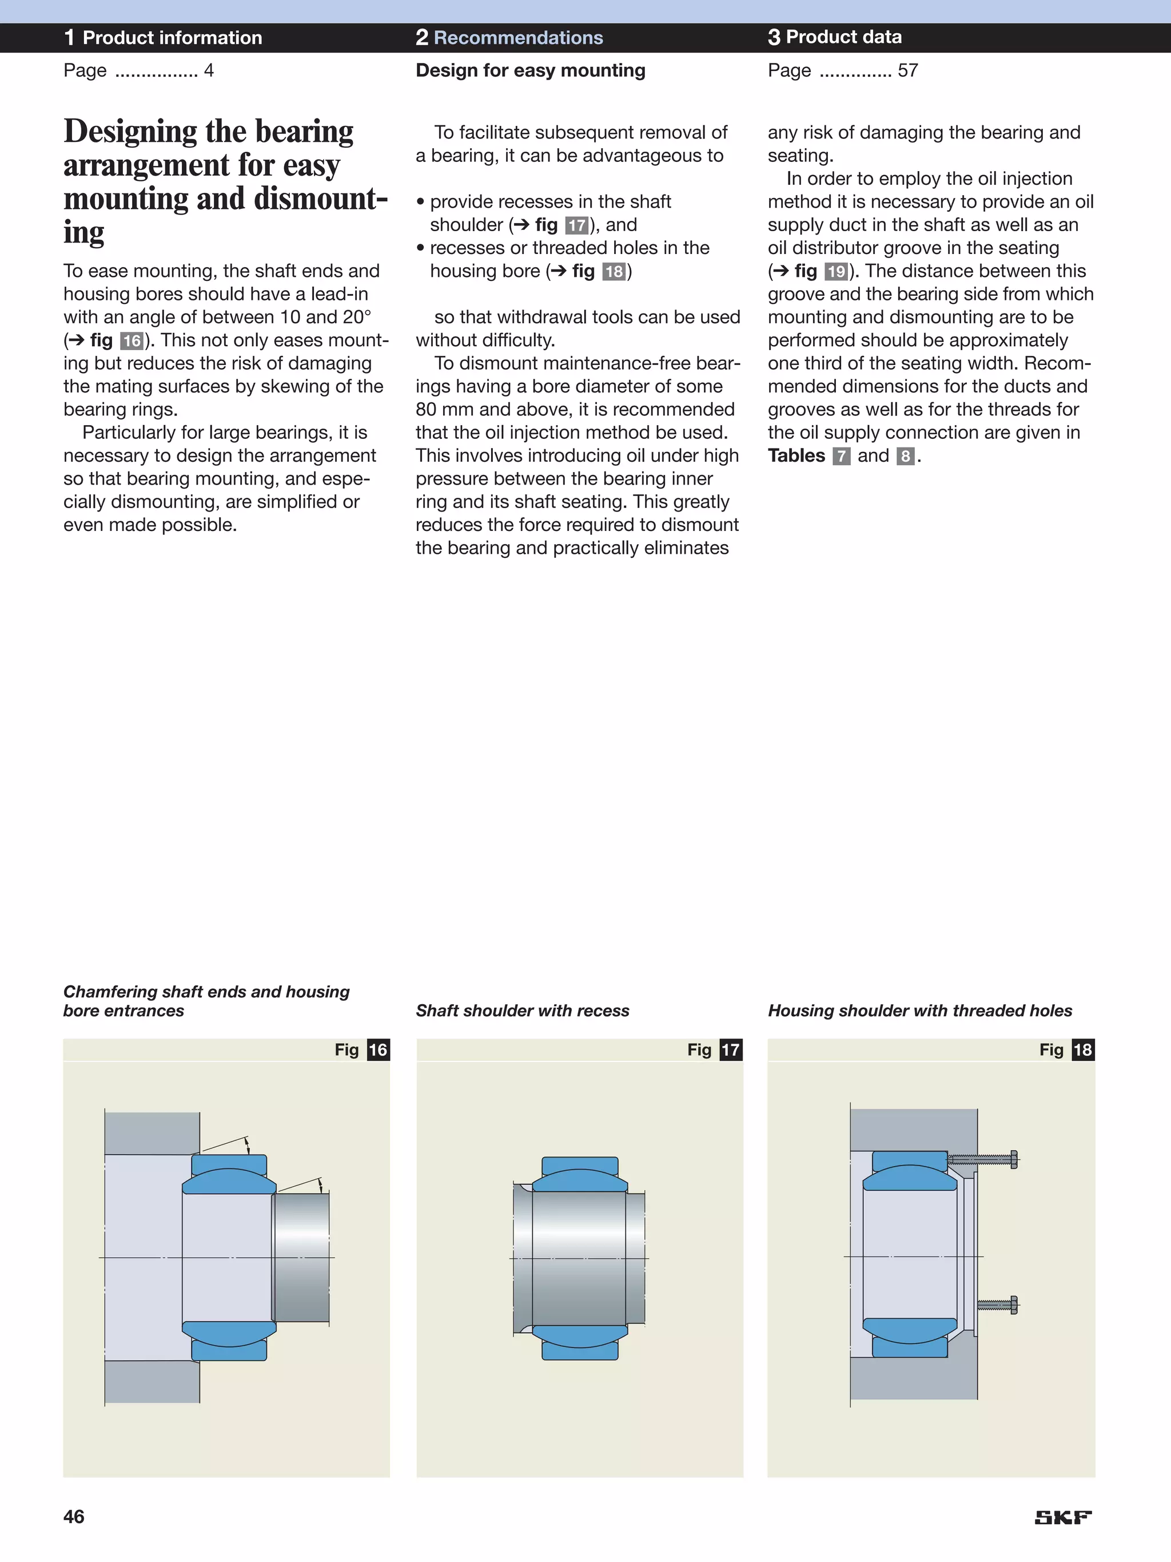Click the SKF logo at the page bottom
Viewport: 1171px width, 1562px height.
(x=1062, y=1517)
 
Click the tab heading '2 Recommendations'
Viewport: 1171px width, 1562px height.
(x=509, y=37)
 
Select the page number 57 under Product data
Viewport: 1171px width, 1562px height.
(x=908, y=70)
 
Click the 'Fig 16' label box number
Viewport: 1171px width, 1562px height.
(x=379, y=1050)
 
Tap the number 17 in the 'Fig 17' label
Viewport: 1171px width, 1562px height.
(x=731, y=1050)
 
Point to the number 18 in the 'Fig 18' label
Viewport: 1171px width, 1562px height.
(x=1083, y=1050)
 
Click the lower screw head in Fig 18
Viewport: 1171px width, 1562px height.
(x=1014, y=1305)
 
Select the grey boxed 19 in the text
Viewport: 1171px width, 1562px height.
(x=837, y=272)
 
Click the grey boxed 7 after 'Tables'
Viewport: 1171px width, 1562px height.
(x=841, y=456)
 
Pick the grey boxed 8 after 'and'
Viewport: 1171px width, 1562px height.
(x=905, y=456)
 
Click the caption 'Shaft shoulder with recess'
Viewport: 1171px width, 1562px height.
(x=523, y=1010)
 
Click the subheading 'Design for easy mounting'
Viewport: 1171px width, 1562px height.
(x=530, y=70)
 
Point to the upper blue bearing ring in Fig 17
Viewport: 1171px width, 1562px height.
(x=580, y=1176)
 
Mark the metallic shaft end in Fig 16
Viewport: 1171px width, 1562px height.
(x=302, y=1257)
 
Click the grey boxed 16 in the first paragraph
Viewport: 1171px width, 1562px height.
(x=132, y=341)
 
